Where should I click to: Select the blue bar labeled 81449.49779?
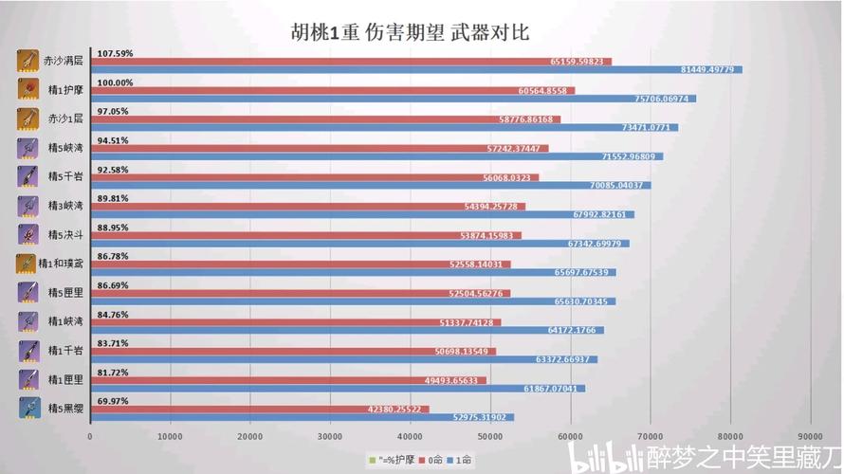(417, 69)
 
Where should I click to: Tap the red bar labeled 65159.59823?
(351, 62)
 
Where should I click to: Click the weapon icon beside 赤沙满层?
(28, 62)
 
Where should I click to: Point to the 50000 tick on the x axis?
(489, 436)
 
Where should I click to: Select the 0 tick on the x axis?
(90, 436)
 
